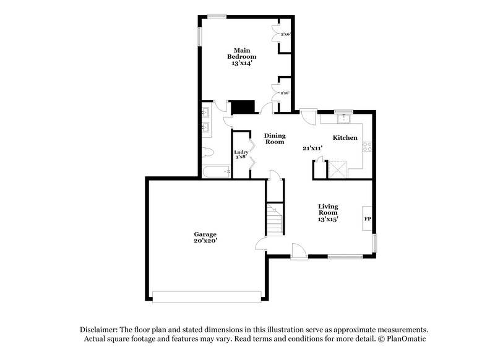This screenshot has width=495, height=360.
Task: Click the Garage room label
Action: tap(205, 234)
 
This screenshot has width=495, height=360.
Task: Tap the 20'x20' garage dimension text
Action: tap(205, 241)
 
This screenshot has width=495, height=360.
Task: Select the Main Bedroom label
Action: tap(241, 53)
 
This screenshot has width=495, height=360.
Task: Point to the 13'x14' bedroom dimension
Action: tap(241, 63)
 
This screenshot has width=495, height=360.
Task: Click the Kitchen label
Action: tap(345, 137)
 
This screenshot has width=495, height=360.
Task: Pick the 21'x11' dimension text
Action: tap(313, 148)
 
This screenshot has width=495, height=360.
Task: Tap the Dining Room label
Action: tap(274, 139)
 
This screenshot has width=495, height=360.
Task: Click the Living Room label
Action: tap(328, 209)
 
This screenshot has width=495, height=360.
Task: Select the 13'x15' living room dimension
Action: tap(328, 219)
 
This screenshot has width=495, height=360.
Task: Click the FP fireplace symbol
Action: tap(368, 219)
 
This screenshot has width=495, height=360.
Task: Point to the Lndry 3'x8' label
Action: tap(241, 155)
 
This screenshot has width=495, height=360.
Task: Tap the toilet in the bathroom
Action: tap(208, 152)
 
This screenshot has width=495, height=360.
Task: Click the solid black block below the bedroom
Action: tap(243, 108)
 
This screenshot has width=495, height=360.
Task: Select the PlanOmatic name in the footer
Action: tap(407, 339)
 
